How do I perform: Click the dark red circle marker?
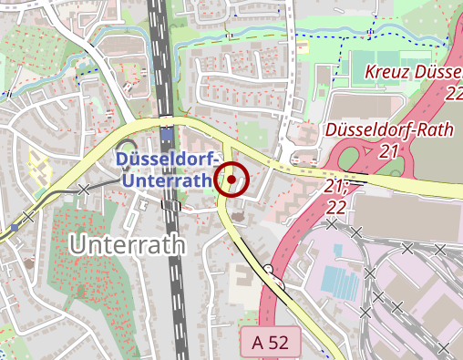pos(231,180)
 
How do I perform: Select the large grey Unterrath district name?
pos(127,244)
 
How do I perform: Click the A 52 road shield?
pos(271,344)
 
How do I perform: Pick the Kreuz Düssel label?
pos(413,73)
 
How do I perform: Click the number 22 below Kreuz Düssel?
pos(455,94)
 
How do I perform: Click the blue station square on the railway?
pos(167,139)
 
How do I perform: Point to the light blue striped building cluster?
pos(340,278)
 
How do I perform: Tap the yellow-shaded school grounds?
pos(38,168)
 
